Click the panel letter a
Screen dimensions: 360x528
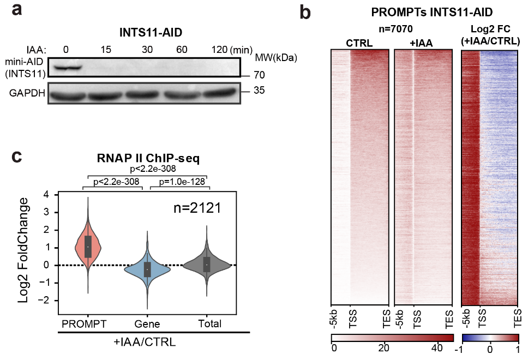[16, 11]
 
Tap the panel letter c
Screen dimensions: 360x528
[17, 157]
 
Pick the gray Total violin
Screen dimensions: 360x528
[206, 265]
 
